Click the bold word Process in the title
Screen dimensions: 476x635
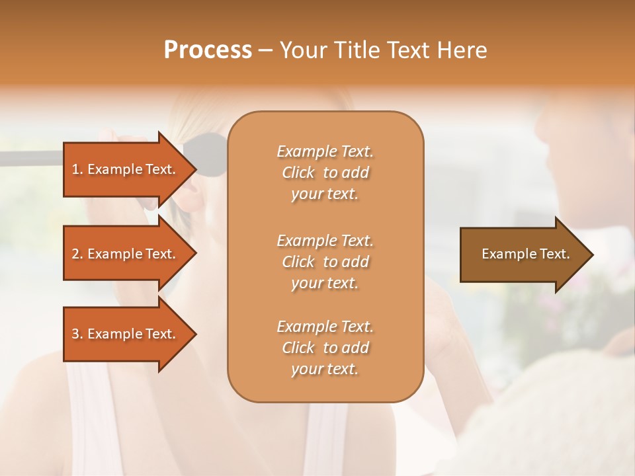[x=208, y=50]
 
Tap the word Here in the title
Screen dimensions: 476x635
[x=462, y=50]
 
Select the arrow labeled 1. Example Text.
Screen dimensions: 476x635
[x=126, y=169]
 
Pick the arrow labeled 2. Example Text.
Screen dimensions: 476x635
[x=126, y=254]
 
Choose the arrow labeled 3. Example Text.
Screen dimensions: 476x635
[x=126, y=334]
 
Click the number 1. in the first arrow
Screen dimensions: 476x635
[x=77, y=169]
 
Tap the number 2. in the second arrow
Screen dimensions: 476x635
[x=77, y=254]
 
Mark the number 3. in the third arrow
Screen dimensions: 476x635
[x=77, y=334]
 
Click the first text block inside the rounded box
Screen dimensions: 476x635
[x=325, y=173]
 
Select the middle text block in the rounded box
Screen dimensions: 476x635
[x=325, y=261]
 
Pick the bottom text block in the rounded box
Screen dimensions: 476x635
[x=325, y=348]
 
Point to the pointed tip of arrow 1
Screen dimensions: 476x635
[x=195, y=169]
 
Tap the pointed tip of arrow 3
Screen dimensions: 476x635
[x=195, y=334]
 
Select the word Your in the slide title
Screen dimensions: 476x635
[x=304, y=50]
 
